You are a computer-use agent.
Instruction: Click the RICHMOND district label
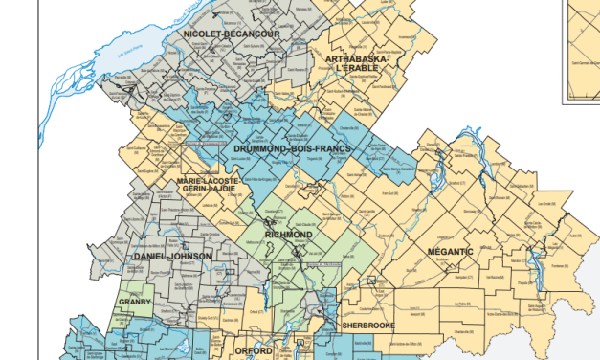click(x=290, y=234)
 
